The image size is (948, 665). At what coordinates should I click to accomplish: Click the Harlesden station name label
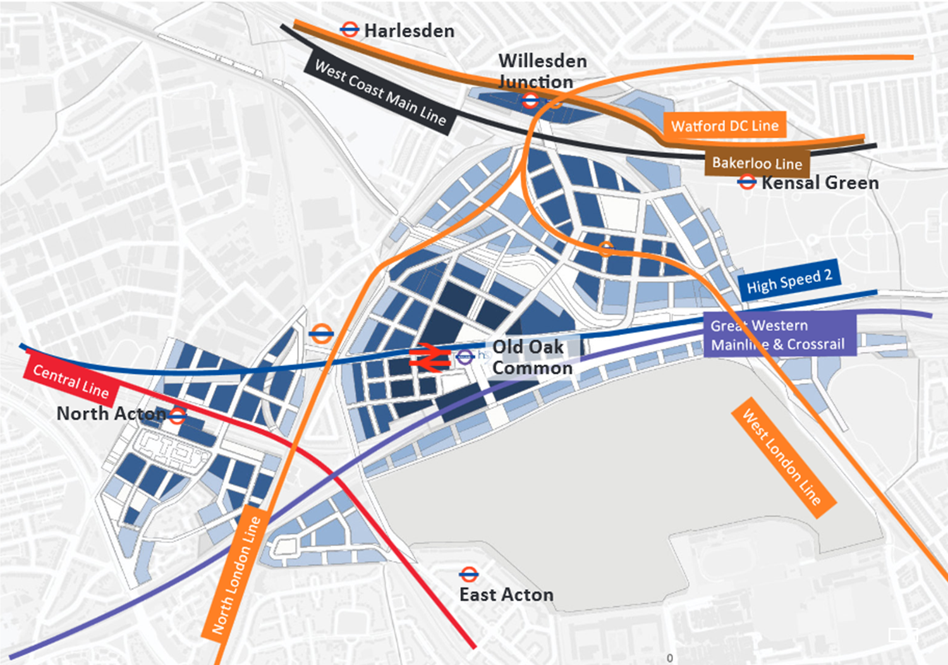point(409,30)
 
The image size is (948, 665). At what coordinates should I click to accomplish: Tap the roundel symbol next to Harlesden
point(349,29)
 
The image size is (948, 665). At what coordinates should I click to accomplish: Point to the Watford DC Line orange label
point(724,126)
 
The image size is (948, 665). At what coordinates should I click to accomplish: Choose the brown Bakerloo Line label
point(757,163)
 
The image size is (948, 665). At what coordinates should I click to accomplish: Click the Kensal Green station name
point(820,183)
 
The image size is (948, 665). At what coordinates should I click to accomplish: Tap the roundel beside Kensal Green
point(746,183)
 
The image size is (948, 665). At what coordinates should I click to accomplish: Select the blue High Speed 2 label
point(789,280)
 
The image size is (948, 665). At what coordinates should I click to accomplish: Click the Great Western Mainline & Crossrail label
point(778,334)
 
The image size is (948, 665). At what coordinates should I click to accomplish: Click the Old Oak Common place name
point(531,357)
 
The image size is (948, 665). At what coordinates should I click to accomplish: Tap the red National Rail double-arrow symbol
point(429,357)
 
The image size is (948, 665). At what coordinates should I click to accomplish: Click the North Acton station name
point(111,413)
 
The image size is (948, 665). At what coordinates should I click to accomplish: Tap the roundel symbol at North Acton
point(177,415)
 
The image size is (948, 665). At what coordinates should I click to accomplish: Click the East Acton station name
point(506,595)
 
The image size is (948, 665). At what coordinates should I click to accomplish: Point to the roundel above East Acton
point(468,574)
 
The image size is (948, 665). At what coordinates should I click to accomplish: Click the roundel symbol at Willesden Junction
point(530,101)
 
